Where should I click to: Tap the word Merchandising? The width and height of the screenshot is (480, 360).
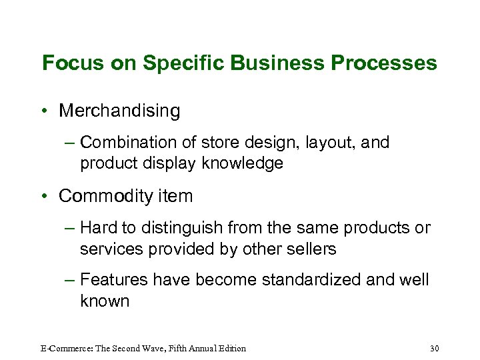(x=119, y=111)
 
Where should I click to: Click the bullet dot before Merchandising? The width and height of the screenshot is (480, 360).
(x=45, y=111)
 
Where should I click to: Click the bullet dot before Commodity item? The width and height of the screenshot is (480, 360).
(x=45, y=196)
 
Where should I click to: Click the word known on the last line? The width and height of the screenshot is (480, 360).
(x=105, y=301)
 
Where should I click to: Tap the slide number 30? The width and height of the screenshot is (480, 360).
(x=435, y=348)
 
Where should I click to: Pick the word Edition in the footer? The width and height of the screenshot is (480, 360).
(x=229, y=348)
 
